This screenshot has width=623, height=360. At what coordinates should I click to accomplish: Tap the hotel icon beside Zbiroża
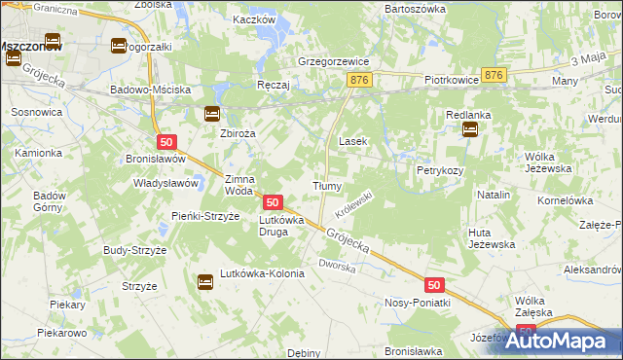212,114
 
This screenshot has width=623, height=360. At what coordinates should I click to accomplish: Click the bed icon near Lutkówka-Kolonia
205,283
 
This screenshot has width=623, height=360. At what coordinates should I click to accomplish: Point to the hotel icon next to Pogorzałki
118,46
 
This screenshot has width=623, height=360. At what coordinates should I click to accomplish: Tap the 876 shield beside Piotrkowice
495,75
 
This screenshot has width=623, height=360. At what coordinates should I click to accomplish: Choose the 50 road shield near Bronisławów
165,142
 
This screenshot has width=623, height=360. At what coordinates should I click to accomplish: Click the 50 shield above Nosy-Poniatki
435,285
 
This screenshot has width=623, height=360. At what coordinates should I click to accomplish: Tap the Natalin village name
495,196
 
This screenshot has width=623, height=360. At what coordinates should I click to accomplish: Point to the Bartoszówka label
415,8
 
